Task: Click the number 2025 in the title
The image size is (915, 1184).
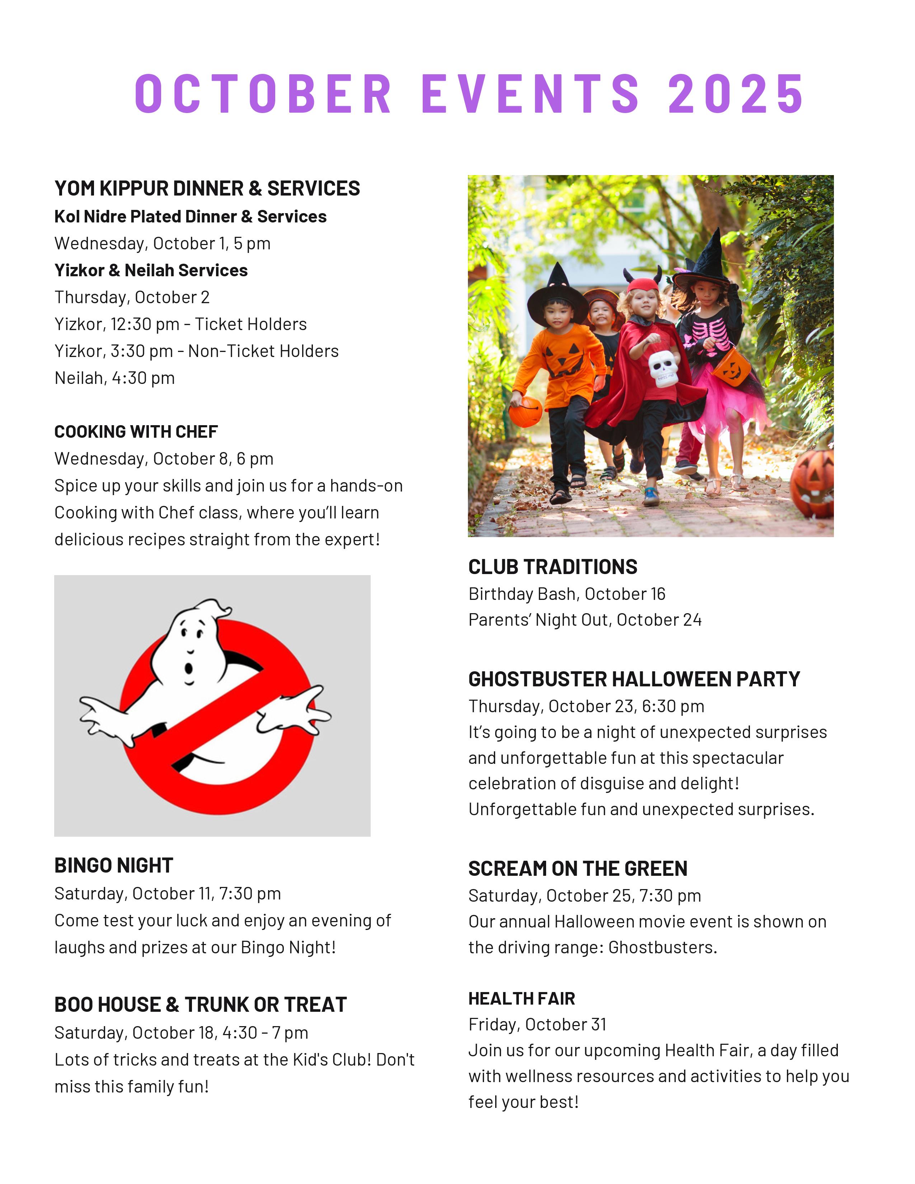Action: pos(736,94)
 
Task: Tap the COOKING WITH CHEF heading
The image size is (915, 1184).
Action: pos(136,432)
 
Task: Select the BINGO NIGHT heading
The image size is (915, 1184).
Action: pos(114,866)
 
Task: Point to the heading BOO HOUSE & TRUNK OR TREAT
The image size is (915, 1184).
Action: pos(201,1005)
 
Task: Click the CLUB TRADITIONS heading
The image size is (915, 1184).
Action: pos(552,567)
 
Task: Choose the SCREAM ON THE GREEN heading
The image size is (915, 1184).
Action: pos(577,869)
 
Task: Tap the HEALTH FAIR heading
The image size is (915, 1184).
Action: pos(521,998)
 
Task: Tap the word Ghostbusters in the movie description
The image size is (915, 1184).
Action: pos(662,947)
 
